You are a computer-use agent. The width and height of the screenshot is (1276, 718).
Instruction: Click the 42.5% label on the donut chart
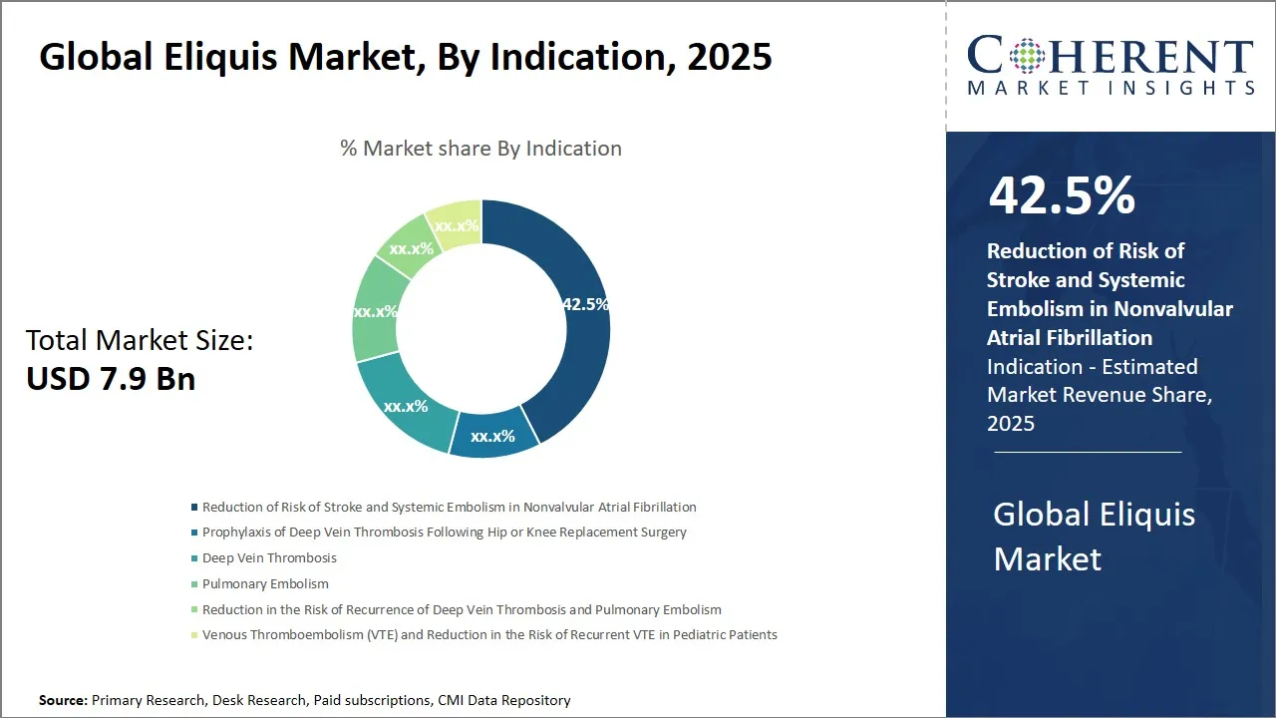click(585, 304)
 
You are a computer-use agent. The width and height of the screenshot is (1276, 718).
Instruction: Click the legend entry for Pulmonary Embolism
click(264, 583)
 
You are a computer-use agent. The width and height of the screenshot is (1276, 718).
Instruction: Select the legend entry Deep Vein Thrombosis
click(269, 557)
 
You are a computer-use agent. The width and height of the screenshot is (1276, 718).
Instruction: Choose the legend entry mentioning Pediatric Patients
click(488, 634)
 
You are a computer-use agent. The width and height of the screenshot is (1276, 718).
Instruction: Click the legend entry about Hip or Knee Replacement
click(444, 532)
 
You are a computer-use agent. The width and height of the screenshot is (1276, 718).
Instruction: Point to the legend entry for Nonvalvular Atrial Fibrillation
click(449, 507)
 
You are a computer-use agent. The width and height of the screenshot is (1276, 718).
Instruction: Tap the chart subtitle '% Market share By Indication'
click(480, 149)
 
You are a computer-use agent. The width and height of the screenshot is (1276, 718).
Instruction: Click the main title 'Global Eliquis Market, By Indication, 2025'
click(405, 57)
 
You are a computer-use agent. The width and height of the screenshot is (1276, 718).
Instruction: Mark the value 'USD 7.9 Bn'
click(111, 379)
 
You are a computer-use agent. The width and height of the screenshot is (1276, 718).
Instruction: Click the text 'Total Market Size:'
click(140, 341)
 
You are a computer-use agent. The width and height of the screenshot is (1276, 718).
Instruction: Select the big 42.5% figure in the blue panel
click(1062, 196)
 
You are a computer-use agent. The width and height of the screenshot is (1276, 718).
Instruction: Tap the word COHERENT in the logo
click(1111, 56)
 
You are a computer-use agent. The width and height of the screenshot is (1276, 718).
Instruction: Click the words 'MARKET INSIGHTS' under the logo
click(1111, 89)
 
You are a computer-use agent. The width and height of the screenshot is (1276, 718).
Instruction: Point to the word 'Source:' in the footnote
click(63, 700)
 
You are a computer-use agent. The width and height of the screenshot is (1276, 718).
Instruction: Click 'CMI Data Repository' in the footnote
click(503, 700)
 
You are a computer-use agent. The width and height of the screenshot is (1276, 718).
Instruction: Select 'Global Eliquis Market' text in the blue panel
click(1094, 537)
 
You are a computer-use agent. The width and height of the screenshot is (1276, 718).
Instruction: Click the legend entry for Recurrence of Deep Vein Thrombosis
click(462, 609)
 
